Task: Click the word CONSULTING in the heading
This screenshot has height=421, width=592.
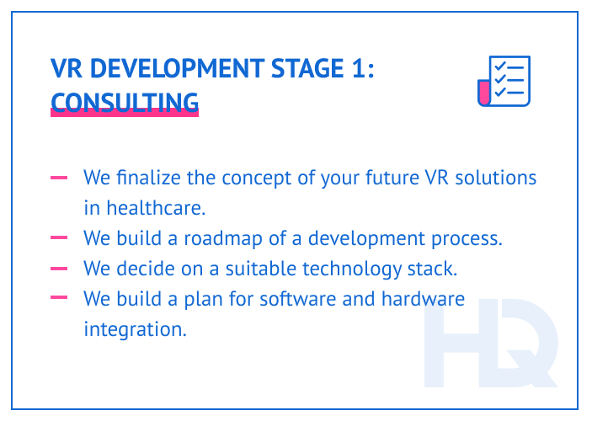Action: pos(125,102)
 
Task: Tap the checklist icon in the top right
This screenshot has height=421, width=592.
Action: pos(504,82)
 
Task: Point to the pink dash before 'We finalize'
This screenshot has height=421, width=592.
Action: pos(59,178)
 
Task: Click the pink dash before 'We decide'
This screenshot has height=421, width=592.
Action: pos(59,269)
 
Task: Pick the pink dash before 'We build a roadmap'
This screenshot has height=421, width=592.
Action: pos(59,238)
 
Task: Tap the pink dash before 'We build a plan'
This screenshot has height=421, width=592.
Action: pos(59,298)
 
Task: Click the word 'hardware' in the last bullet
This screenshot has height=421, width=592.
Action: pos(423,299)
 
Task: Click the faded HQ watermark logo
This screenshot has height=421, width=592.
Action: pos(489,346)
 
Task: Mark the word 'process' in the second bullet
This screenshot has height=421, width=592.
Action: pos(467,239)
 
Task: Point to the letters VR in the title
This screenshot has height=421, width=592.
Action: pos(64,70)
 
